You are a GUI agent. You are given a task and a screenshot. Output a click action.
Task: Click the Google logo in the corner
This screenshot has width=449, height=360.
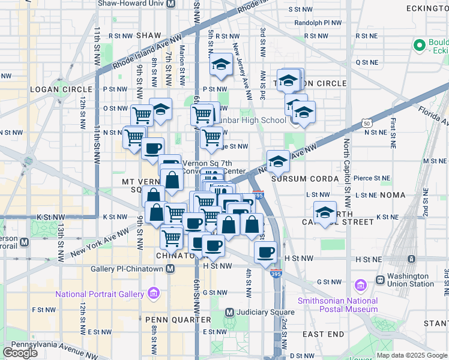pos(20,352)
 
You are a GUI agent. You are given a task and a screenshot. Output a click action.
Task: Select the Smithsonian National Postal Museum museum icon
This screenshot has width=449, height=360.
pos(360,284)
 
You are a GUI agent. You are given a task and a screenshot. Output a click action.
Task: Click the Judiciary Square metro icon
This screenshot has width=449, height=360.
pos(229,312)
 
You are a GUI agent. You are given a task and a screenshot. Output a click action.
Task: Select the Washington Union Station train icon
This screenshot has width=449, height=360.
pos(380,280)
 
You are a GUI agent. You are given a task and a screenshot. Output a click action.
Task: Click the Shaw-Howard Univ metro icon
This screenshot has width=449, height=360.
pos(170,4)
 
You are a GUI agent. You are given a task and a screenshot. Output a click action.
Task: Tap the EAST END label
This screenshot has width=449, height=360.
pos(323,334)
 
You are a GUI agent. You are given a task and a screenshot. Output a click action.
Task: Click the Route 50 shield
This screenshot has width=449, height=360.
pos(366,122)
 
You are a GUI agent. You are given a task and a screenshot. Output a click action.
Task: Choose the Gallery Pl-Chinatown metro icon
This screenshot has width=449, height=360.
pos(170,269)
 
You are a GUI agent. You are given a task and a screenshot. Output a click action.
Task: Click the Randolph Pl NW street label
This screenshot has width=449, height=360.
pos(318,23)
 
